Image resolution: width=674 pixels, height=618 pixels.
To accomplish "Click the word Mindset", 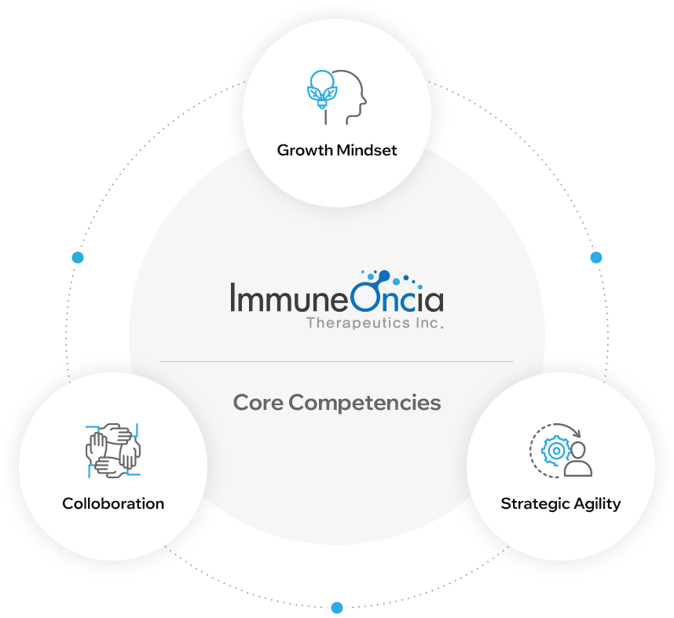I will point(366,150).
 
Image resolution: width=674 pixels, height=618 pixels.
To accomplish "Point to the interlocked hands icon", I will point(112,449).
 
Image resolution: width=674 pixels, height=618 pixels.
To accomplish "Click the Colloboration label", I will point(113,503).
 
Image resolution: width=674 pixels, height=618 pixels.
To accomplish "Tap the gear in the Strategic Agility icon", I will point(555,451).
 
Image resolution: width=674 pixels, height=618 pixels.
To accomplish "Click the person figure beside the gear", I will point(579,460).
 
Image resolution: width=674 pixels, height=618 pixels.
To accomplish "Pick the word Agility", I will point(595,503).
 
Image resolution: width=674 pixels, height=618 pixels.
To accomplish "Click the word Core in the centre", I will point(258,403).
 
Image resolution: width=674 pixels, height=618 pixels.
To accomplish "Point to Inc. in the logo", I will point(430,323).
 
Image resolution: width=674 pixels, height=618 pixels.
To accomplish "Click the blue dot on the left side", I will point(77,258).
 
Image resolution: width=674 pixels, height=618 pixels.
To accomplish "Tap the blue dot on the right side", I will point(596,258).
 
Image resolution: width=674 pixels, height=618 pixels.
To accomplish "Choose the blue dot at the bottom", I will point(337,607).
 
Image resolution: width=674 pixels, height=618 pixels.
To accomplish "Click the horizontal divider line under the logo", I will point(337,361).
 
